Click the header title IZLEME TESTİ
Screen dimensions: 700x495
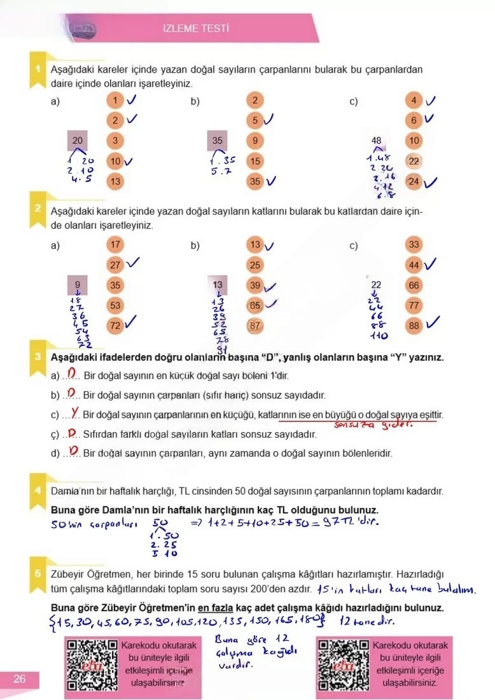(x=196, y=29)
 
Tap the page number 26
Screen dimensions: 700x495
(x=20, y=679)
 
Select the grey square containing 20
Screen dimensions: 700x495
(x=78, y=141)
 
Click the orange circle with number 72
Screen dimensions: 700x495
(x=115, y=325)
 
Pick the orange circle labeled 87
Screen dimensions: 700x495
(x=255, y=325)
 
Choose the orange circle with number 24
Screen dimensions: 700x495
(x=414, y=182)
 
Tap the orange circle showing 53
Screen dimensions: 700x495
(x=115, y=305)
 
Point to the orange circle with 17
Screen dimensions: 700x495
(x=115, y=244)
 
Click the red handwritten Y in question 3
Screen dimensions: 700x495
(x=75, y=414)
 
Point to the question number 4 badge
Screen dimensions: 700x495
(x=38, y=490)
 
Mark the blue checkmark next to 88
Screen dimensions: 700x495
(x=433, y=324)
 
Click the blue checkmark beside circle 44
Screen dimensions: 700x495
(x=432, y=263)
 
